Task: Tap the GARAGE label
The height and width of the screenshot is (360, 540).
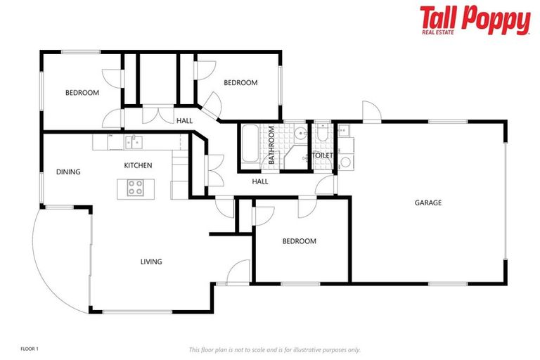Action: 427,202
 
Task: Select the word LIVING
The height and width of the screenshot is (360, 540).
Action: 151,262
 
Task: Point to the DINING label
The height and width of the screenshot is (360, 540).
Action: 68,172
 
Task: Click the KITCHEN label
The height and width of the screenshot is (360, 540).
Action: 138,165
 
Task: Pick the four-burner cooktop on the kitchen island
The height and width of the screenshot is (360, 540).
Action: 135,188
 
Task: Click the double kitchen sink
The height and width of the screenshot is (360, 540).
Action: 134,142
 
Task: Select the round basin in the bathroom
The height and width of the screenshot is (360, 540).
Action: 300,132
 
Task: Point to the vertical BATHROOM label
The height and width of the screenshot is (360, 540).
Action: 271,146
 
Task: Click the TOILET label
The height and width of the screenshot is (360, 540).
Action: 322,155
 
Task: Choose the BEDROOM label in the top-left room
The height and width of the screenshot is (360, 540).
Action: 82,92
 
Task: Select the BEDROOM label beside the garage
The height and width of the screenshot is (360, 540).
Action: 299,241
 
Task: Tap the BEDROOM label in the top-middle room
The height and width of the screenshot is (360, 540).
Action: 240,83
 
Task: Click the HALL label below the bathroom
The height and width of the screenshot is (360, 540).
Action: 260,182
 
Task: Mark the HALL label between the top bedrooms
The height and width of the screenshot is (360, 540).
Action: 184,121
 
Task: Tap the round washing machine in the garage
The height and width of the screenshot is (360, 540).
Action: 345,163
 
